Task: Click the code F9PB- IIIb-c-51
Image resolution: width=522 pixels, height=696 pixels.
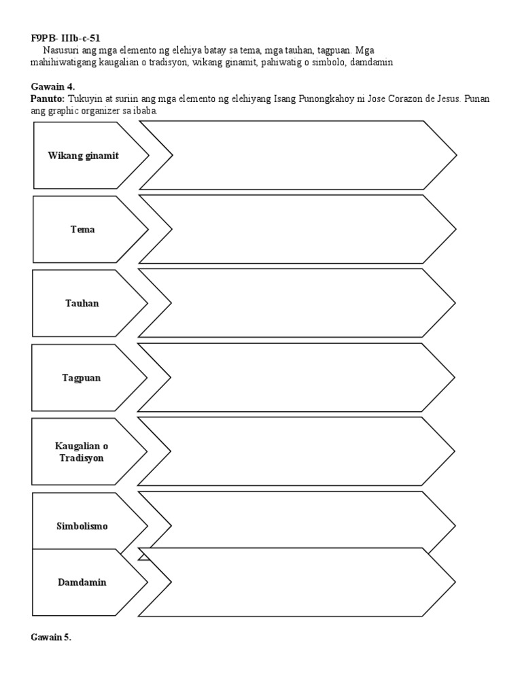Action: [x=70, y=38]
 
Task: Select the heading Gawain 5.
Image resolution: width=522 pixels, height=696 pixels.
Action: [x=51, y=637]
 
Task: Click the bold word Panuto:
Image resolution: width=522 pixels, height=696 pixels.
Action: [x=48, y=99]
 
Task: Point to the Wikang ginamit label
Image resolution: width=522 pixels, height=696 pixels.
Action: [x=83, y=156]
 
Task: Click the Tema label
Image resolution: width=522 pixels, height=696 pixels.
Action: [x=83, y=230]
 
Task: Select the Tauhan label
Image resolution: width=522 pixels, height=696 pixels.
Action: [x=83, y=303]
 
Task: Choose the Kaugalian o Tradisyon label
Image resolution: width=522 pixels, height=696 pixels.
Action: [x=82, y=452]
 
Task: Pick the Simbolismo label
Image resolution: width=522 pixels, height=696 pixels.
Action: [x=82, y=526]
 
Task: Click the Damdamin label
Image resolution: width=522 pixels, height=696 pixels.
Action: [x=82, y=582]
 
